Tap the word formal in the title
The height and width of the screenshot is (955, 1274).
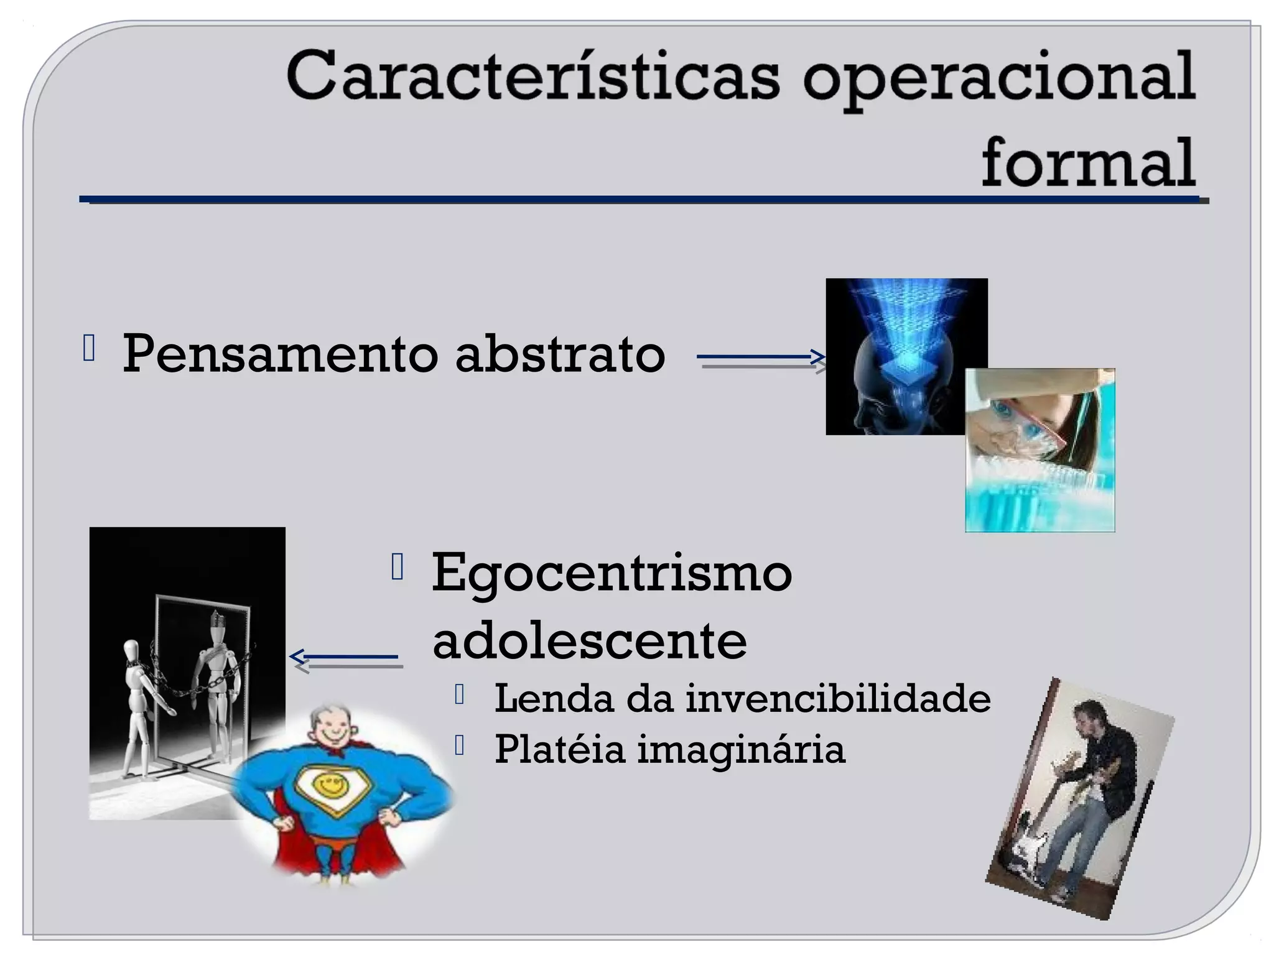(x=1088, y=164)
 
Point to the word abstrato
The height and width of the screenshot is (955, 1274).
(x=560, y=354)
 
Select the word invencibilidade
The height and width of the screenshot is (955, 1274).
(x=838, y=698)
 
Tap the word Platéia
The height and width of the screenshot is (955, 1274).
(x=559, y=749)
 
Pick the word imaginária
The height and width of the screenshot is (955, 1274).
(x=741, y=750)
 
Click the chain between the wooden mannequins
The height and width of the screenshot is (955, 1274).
(x=187, y=684)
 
